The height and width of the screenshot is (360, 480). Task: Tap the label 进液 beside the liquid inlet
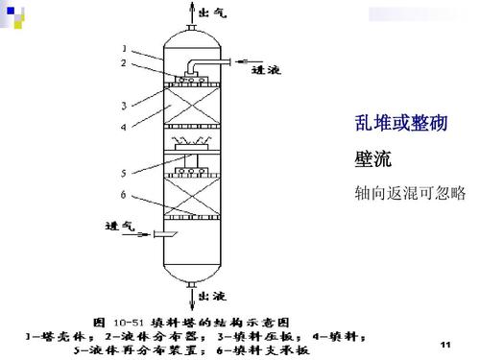tap(265, 69)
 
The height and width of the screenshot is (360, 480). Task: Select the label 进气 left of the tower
tap(118, 227)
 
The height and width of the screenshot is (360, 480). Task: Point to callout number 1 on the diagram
tap(123, 47)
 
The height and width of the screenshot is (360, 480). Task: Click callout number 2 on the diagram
tap(123, 62)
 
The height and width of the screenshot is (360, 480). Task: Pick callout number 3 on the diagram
tap(123, 104)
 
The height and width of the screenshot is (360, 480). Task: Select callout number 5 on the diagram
tap(123, 173)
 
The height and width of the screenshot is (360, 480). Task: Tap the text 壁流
tap(370, 157)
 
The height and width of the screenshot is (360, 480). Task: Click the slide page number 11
tap(444, 343)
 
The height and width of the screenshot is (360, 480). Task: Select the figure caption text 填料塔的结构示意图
tap(229, 321)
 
